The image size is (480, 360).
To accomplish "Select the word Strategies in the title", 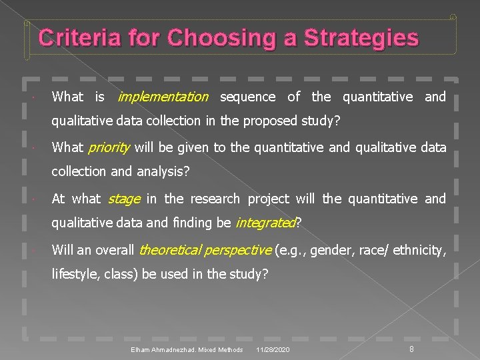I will [361, 38].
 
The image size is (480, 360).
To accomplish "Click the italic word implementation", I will [163, 97].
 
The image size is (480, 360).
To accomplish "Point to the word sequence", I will [247, 97].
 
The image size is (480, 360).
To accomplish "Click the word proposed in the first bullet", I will [253, 121].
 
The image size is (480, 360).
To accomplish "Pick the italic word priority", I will [109, 147].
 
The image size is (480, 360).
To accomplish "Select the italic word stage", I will [124, 199].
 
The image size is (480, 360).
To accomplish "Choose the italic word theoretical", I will [171, 250].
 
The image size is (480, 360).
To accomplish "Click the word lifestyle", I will [73, 274].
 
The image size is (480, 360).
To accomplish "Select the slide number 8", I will [412, 349].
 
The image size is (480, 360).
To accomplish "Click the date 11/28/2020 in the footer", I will [273, 349].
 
